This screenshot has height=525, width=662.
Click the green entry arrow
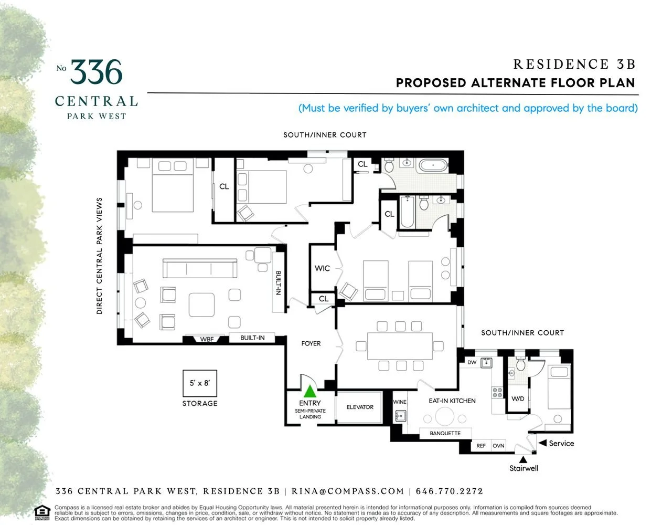310,391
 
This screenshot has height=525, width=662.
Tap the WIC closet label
322,268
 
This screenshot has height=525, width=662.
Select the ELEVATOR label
360,407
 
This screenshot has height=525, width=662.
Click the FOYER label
311,343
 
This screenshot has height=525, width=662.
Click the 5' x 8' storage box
199,383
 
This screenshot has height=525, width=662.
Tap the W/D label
518,398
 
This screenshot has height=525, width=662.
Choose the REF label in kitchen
481,446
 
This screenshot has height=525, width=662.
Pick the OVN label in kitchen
498,446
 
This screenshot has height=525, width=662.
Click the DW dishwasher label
472,362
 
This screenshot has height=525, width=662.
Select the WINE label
400,402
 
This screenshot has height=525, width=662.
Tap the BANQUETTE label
445,433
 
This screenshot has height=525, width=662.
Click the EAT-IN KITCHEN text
452,401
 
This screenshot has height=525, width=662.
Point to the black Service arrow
542,443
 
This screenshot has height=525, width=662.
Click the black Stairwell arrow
523,459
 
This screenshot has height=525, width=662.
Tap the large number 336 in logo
97,72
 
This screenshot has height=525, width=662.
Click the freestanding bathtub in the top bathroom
433,165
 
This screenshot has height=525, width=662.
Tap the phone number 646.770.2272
449,491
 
